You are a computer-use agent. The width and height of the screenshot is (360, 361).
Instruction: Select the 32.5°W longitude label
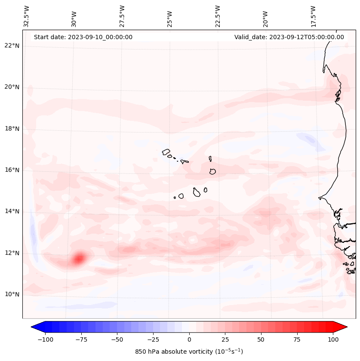27,16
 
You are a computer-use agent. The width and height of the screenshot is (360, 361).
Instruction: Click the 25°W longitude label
170,16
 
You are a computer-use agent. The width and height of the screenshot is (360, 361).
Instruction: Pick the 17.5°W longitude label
313,16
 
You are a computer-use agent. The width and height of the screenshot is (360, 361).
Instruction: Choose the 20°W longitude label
265,16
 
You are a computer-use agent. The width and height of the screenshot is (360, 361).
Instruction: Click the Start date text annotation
83,37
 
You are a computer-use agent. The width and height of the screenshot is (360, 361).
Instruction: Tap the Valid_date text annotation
289,37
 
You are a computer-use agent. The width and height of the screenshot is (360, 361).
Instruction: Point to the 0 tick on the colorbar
189,339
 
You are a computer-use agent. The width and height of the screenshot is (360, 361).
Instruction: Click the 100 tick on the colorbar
333,339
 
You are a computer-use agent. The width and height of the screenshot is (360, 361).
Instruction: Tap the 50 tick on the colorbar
261,339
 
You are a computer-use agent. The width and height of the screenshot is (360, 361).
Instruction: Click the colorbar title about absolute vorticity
189,352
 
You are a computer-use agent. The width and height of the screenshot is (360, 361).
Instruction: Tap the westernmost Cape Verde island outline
166,152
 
